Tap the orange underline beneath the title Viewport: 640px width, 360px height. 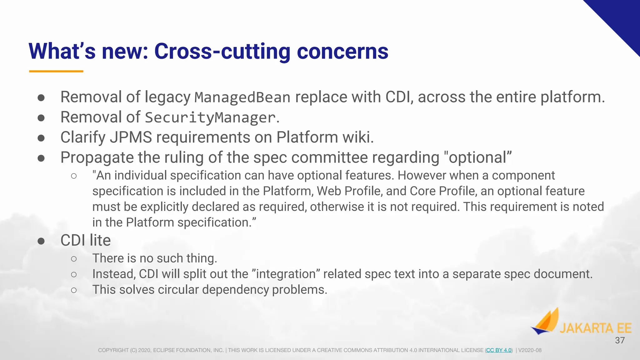(56, 71)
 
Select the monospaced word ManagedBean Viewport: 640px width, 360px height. (242, 97)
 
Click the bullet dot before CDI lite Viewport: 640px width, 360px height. (41, 241)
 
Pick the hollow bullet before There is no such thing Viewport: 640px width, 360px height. (74, 259)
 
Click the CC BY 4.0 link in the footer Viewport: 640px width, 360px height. (499, 350)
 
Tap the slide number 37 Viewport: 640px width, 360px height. (620, 340)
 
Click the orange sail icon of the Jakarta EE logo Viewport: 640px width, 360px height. (546, 322)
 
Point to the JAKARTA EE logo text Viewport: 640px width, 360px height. (595, 328)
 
